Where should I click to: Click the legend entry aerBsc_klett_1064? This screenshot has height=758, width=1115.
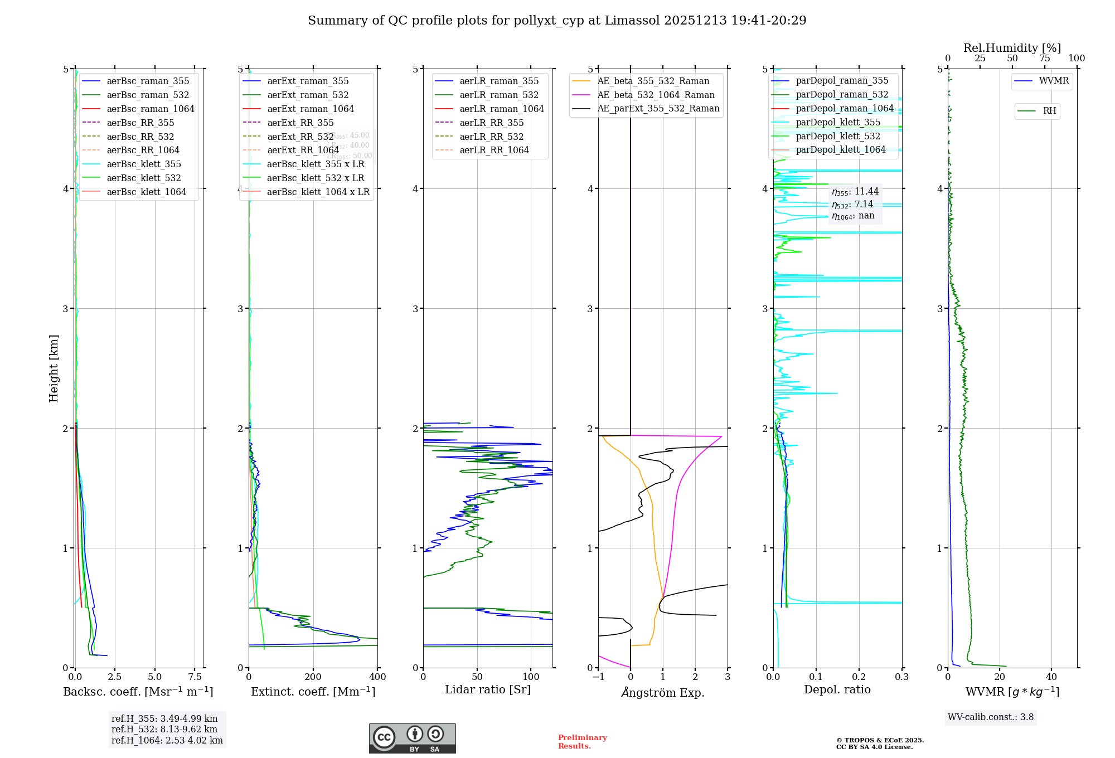coord(146,192)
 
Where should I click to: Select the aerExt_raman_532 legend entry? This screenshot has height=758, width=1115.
coord(308,95)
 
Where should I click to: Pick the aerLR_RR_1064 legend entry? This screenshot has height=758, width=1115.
coord(494,150)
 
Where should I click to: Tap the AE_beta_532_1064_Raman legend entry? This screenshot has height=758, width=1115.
coord(656,95)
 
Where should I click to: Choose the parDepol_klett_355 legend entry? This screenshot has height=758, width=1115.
coord(838,122)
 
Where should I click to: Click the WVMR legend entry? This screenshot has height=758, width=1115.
coord(1054,81)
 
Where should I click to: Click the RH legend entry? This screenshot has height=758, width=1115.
coord(1049,111)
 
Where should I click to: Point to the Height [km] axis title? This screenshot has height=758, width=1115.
coord(54,368)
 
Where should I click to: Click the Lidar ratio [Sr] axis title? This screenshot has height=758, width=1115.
coord(488,689)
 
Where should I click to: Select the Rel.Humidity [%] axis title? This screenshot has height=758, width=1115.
coord(1012,48)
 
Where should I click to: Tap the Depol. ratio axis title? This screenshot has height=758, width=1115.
coord(837,689)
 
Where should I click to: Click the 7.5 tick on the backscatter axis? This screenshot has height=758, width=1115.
coord(195,677)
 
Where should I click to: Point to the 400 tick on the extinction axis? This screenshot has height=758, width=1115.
coord(377,677)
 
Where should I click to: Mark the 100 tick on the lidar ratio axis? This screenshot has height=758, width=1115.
coord(531,677)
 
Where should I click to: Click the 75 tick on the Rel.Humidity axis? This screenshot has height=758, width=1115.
coord(1044,58)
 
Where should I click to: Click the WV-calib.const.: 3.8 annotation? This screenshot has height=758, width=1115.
coord(991,717)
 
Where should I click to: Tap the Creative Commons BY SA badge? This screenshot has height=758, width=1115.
coord(412,738)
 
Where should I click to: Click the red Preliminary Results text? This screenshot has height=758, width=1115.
coord(582,741)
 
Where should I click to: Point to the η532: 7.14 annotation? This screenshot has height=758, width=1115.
coord(852,204)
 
